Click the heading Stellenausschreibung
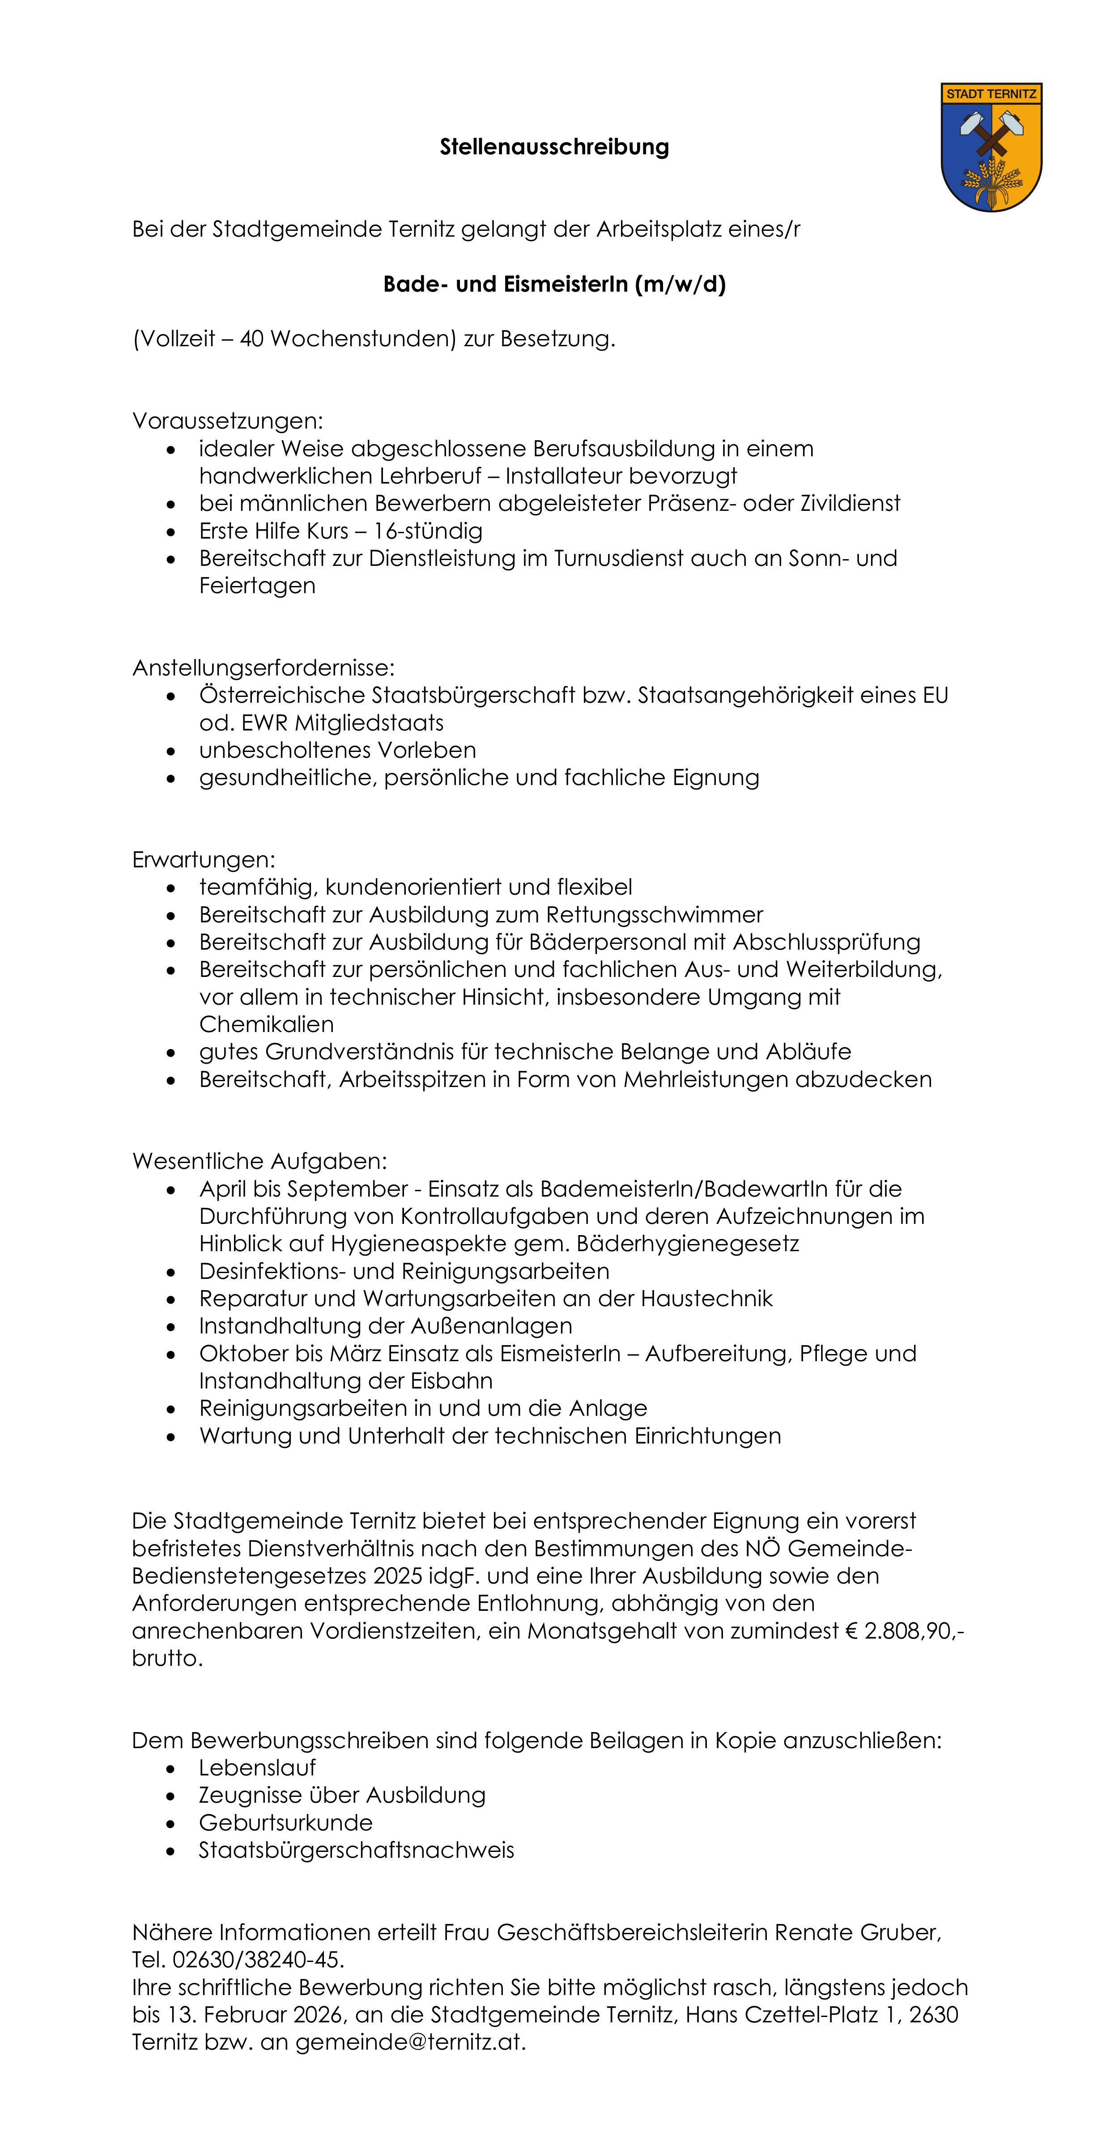pos(554,147)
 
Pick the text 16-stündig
pos(427,531)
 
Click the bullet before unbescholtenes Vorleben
pos(171,751)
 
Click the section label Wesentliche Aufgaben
pos(259,1160)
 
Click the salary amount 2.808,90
pos(910,1631)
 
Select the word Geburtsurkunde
pos(286,1823)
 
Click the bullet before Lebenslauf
pos(171,1769)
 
